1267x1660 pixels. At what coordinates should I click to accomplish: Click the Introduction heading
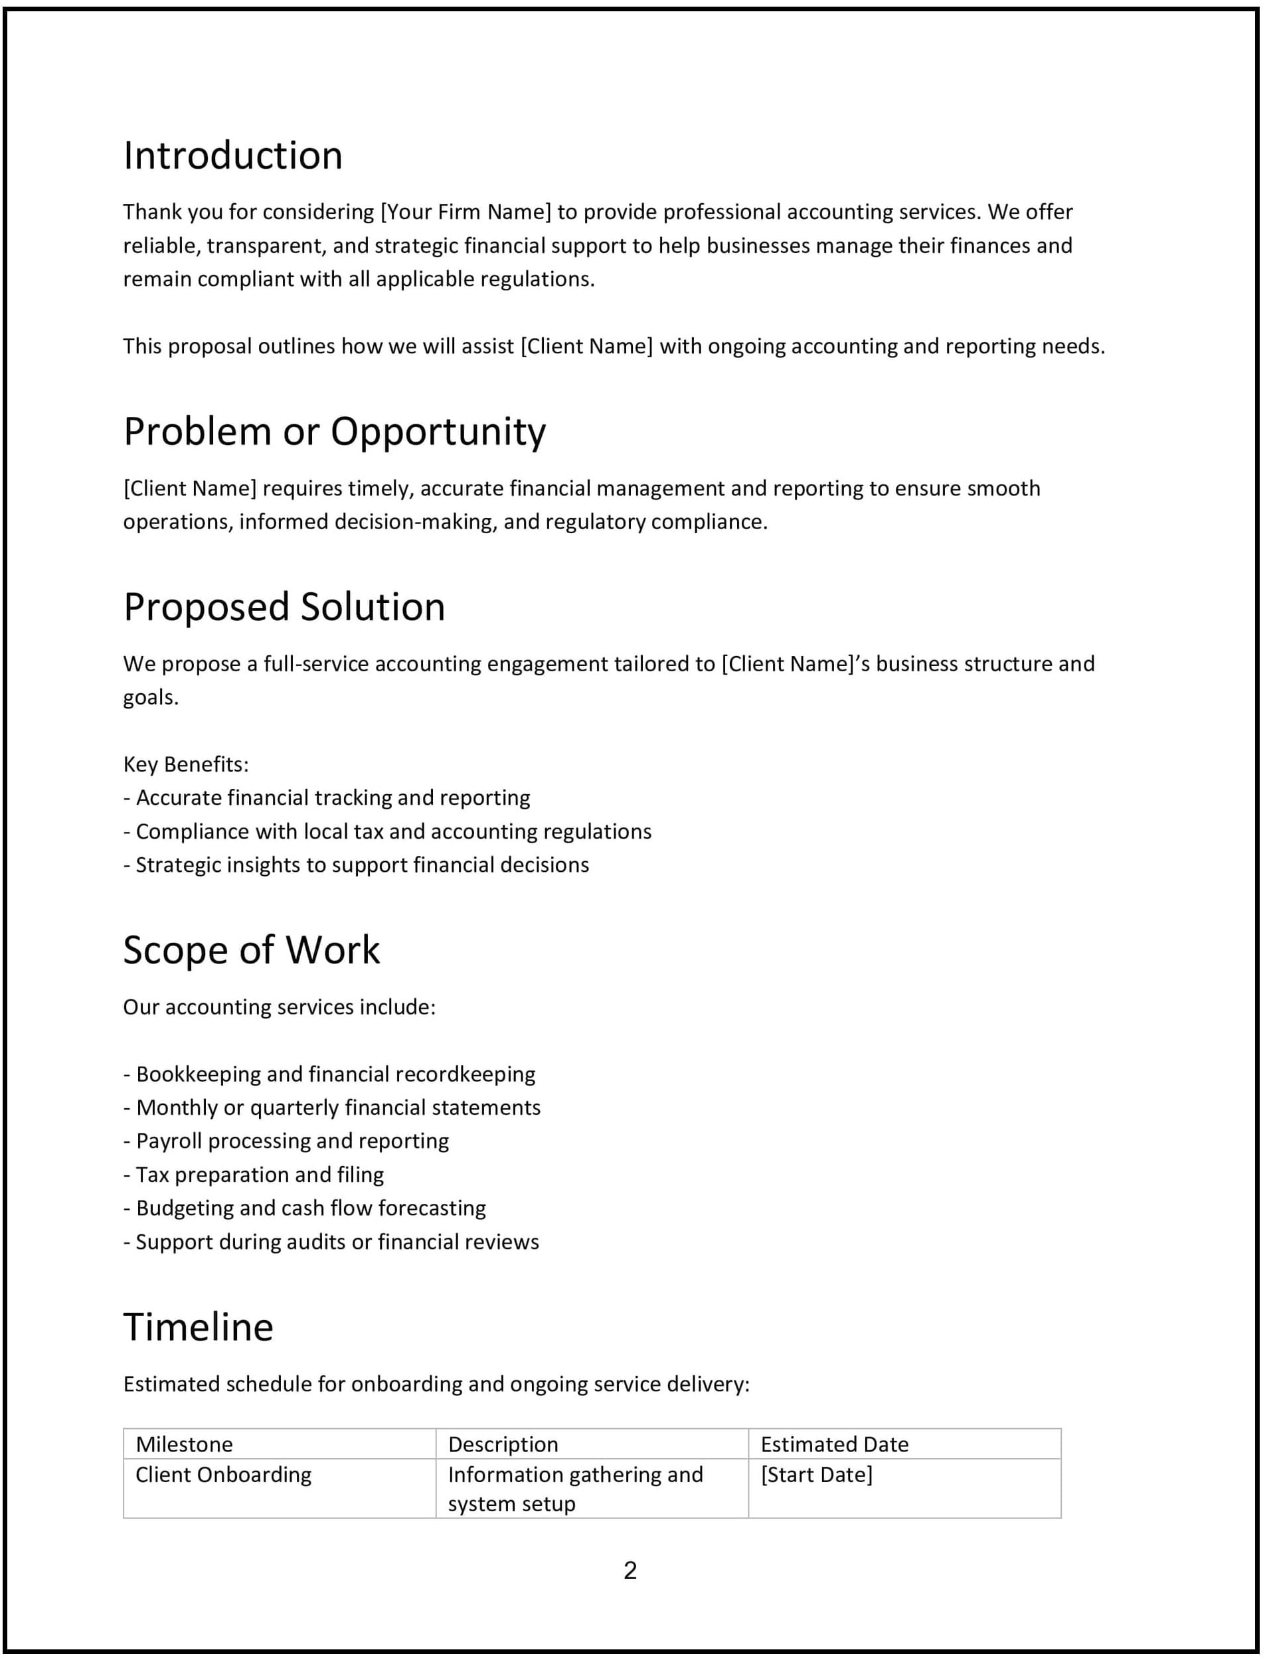[x=233, y=156]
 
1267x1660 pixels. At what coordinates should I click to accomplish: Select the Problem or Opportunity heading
[x=334, y=432]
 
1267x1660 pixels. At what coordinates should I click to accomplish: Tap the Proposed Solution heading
[x=284, y=607]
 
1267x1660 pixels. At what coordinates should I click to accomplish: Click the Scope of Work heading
[x=251, y=950]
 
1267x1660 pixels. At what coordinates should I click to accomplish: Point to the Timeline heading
[x=199, y=1327]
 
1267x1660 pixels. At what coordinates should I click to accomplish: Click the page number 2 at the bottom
[x=630, y=1571]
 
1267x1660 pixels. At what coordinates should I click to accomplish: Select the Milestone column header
[x=184, y=1444]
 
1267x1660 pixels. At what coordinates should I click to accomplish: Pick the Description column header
[x=503, y=1444]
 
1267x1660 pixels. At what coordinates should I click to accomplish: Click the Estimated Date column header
[x=834, y=1444]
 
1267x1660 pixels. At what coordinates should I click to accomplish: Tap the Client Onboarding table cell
[x=223, y=1475]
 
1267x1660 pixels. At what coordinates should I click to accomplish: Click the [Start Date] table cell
[x=816, y=1475]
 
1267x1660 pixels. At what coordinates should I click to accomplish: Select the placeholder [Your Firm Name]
[x=466, y=212]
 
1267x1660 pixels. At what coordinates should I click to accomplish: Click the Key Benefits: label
[x=185, y=765]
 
